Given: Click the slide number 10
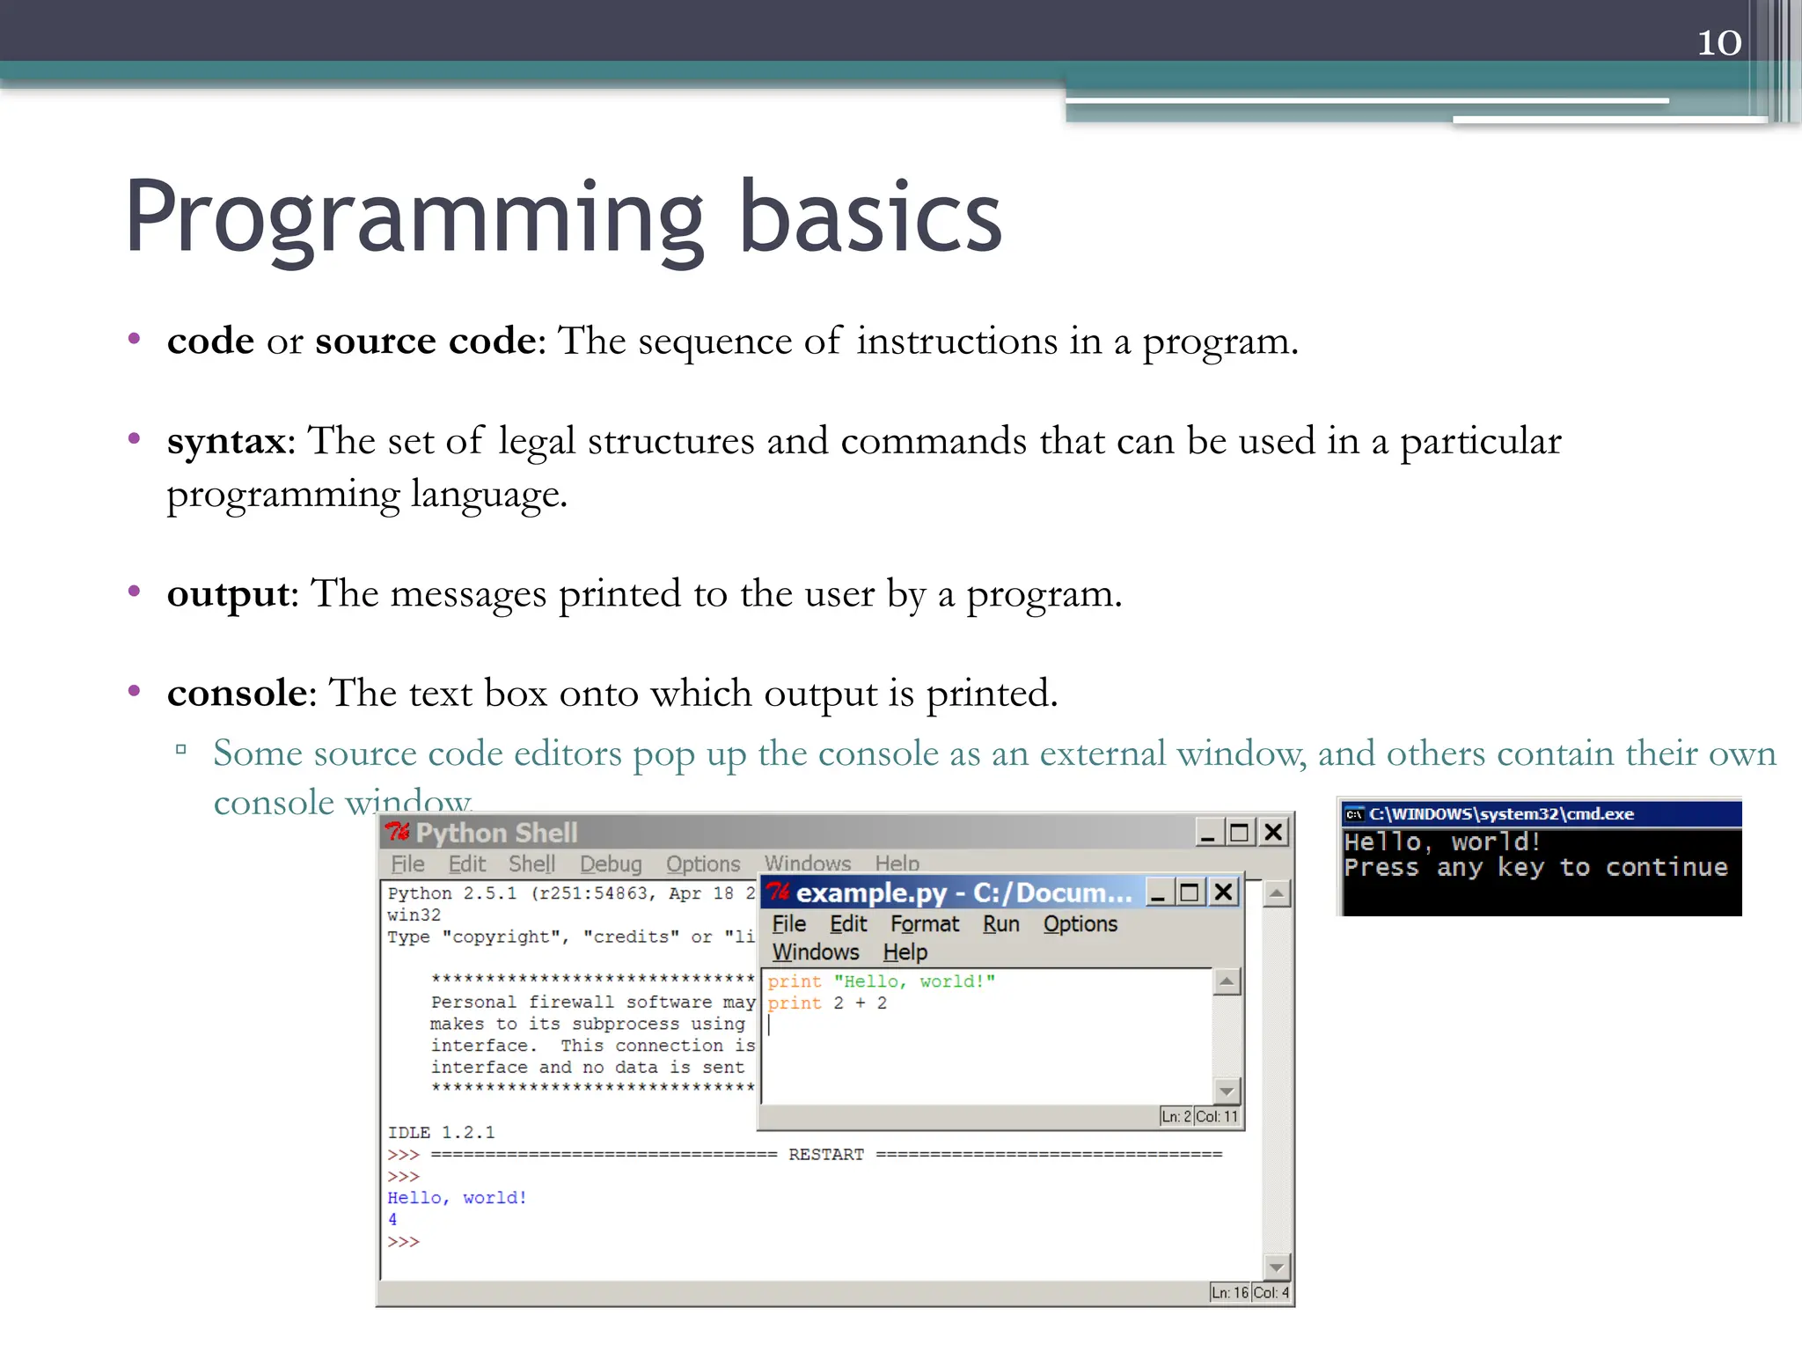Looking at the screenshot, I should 1718,42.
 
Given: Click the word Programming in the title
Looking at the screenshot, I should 414,217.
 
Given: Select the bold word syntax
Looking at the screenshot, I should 227,440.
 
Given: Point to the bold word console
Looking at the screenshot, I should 237,693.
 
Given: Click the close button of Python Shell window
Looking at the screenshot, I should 1272,832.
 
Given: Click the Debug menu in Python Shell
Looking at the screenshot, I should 611,863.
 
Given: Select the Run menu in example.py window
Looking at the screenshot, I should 1000,923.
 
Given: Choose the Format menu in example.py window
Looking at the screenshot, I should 925,923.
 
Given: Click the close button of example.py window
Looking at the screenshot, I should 1223,893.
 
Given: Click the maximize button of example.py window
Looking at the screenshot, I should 1190,893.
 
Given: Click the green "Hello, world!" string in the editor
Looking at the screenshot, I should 914,981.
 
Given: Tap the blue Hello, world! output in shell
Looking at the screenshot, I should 457,1197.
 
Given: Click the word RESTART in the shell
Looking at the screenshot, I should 825,1154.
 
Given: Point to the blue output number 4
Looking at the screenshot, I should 392,1219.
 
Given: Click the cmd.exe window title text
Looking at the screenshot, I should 1501,813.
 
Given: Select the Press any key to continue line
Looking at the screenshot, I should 1535,867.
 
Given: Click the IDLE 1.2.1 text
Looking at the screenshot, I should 441,1132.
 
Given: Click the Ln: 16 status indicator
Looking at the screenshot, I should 1229,1292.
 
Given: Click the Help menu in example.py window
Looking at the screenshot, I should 905,952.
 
